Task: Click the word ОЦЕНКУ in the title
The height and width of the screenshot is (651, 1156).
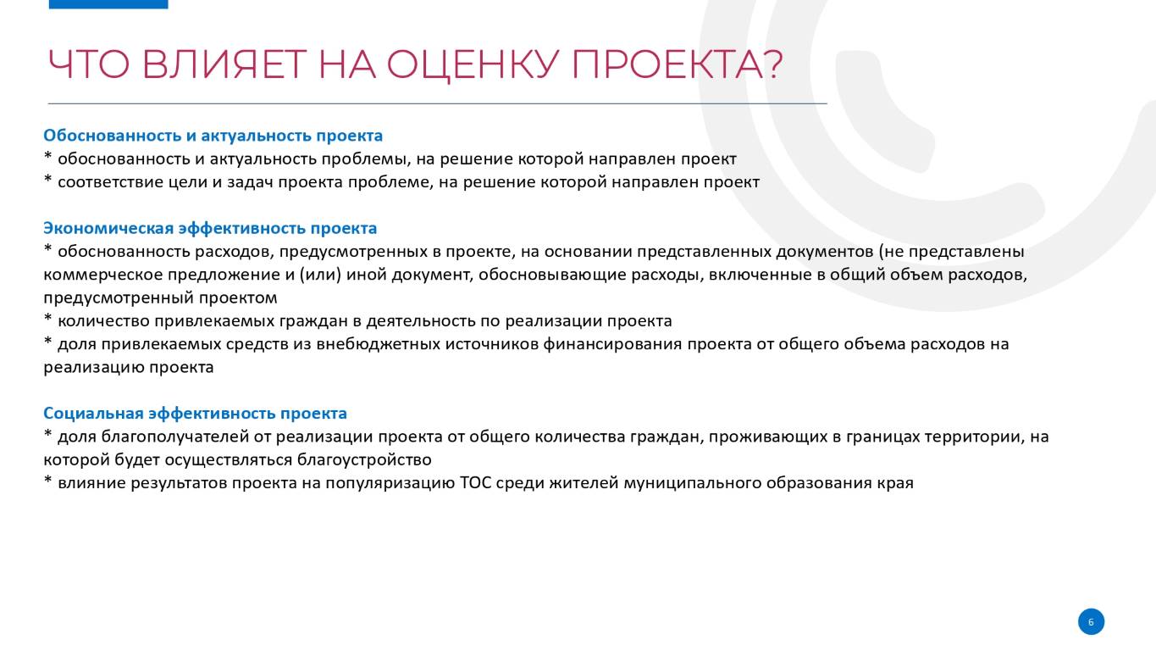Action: (473, 65)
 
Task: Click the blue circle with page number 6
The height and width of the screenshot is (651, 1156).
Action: (1091, 621)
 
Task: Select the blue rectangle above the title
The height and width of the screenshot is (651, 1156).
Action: (108, 4)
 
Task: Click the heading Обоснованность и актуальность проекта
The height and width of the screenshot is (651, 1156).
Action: (213, 136)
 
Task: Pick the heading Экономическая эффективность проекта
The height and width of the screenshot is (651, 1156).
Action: (210, 228)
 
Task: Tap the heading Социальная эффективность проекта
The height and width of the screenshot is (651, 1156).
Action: (195, 413)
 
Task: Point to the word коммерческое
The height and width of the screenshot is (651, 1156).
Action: (103, 275)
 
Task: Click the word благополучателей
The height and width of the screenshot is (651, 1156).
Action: (175, 437)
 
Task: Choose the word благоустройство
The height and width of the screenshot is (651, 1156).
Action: (364, 459)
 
